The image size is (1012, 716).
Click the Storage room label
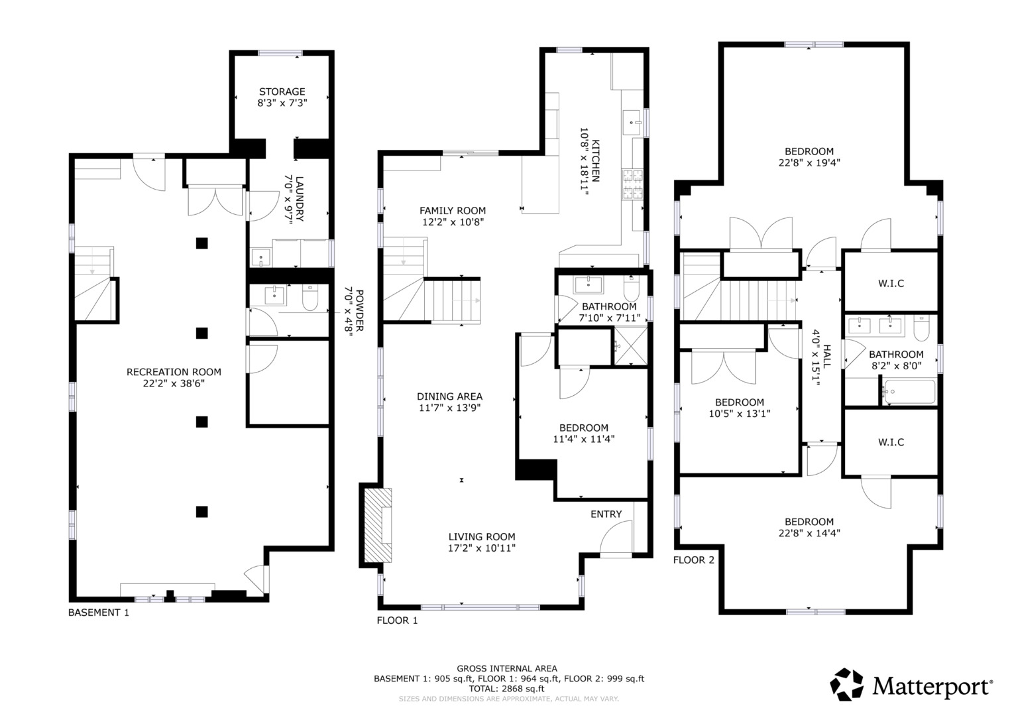pyautogui.click(x=282, y=91)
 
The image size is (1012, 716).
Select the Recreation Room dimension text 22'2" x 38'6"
pyautogui.click(x=174, y=383)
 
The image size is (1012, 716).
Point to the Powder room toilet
pyautogui.click(x=310, y=298)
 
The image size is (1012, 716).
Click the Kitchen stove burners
pyautogui.click(x=632, y=184)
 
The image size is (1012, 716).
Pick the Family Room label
pyautogui.click(x=453, y=211)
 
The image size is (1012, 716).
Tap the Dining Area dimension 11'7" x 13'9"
pyautogui.click(x=449, y=408)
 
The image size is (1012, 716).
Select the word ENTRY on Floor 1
pyautogui.click(x=606, y=514)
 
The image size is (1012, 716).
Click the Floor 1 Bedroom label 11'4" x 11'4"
pyautogui.click(x=584, y=438)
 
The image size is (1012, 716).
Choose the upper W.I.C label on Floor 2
pyautogui.click(x=891, y=283)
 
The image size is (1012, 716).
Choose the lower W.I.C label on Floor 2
pyautogui.click(x=891, y=442)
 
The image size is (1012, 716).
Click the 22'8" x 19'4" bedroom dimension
pyautogui.click(x=809, y=162)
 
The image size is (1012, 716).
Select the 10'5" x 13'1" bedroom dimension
pyautogui.click(x=740, y=413)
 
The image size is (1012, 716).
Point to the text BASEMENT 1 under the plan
pyautogui.click(x=99, y=613)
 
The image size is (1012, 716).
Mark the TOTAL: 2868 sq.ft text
pyautogui.click(x=506, y=689)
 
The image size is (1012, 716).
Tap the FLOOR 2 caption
pyautogui.click(x=694, y=560)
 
